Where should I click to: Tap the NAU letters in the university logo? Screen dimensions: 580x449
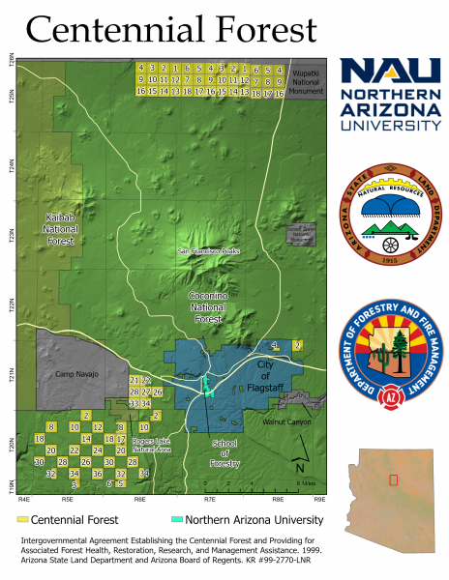coord(390,73)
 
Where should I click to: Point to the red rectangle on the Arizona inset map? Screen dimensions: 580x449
coord(394,480)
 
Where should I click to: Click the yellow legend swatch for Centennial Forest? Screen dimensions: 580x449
coord(23,519)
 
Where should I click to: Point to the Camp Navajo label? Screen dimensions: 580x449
coord(77,374)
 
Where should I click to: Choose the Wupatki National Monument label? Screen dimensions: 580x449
coord(306,77)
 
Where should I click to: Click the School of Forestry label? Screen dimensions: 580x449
coord(224,452)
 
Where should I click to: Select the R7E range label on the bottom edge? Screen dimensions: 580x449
coord(209,501)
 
